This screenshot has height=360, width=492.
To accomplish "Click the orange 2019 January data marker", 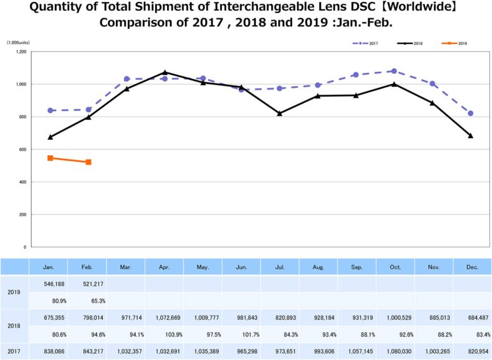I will [50, 158].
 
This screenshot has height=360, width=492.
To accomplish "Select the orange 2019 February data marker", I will [88, 162].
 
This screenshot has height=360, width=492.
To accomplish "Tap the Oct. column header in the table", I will [395, 267].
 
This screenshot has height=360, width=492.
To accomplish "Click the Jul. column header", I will [279, 267].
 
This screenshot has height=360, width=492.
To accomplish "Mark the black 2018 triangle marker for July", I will [279, 113].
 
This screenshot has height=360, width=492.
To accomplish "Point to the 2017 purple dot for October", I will [394, 71].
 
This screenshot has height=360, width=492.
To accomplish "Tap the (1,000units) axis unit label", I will [18, 42].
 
